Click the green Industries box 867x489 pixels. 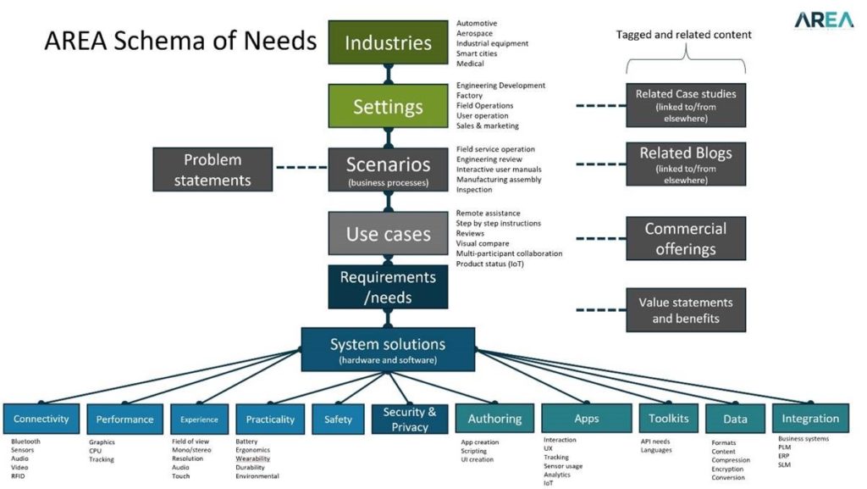point(388,42)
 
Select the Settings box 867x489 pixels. point(388,107)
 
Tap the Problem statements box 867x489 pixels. point(213,169)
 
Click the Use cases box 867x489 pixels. point(388,234)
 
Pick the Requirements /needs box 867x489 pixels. point(388,286)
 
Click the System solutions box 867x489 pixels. point(388,349)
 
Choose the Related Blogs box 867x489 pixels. point(686,163)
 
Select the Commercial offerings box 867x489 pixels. point(686,239)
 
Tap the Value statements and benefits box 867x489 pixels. point(686,310)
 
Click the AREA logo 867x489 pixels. point(823,20)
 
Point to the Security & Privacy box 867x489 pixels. point(410,419)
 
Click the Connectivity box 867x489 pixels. point(41,419)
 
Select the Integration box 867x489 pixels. point(810,419)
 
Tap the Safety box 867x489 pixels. point(338,419)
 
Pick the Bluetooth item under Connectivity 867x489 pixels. point(26,442)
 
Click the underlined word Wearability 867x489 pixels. point(252,458)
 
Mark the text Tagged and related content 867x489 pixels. point(684,35)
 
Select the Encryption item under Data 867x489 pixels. point(728,469)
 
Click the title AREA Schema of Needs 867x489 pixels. point(180,41)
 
